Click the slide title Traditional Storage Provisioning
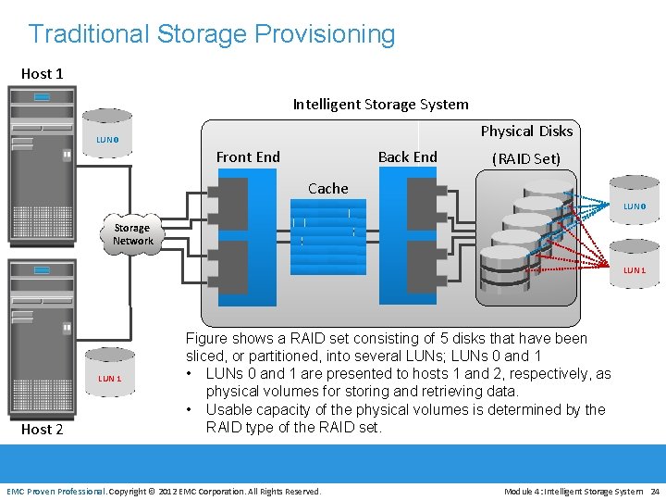point(212,34)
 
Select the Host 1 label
point(42,73)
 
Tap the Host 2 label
point(42,429)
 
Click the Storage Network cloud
point(132,234)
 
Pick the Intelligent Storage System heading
point(380,105)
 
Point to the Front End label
point(248,157)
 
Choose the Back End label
point(407,157)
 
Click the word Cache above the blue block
point(328,188)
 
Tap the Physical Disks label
point(526,131)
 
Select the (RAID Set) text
point(526,158)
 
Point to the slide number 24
point(655,491)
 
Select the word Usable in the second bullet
point(230,409)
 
